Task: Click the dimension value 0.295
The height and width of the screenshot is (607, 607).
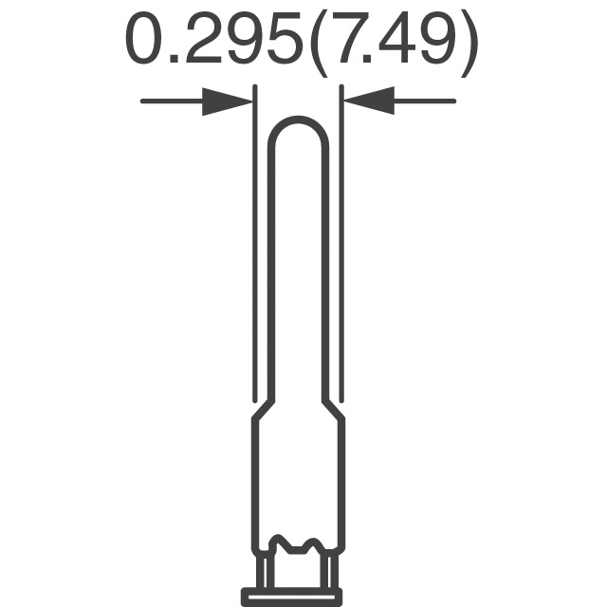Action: tap(214, 38)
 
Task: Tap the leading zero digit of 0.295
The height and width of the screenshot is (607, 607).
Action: tap(143, 38)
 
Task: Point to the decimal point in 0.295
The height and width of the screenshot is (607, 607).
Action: tap(175, 59)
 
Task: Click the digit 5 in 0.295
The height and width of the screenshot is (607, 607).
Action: tap(285, 38)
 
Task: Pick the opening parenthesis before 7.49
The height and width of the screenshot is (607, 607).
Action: tap(319, 45)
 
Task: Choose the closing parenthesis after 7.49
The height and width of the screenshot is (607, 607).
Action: tap(469, 45)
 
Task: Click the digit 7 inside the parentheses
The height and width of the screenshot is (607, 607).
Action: tap(351, 38)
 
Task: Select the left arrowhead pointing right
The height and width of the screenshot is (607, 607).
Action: tap(228, 101)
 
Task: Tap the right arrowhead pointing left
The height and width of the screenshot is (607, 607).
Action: tap(369, 101)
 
